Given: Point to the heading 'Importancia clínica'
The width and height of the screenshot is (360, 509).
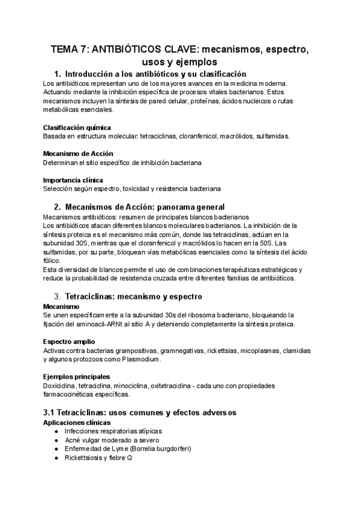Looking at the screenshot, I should point(73,180).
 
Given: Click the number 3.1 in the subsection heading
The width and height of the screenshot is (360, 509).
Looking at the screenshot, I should point(50,412).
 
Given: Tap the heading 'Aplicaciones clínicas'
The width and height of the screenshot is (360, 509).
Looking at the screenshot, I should point(77,423).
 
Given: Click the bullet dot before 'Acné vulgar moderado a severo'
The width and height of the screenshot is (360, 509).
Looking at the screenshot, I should point(56,440).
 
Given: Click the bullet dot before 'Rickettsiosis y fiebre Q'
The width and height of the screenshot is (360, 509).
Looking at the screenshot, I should point(56,457).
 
